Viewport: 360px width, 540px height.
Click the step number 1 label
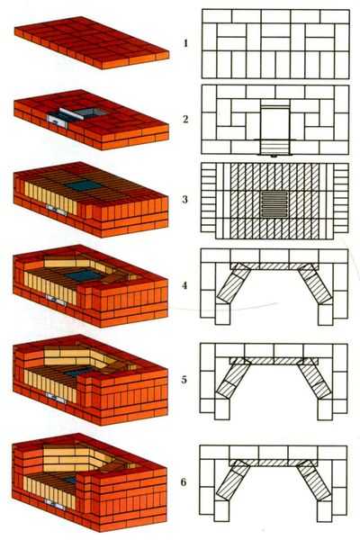185,43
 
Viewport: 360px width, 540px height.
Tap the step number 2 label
185,119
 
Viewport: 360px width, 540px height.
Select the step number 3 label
185,200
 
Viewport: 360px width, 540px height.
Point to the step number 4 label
185,285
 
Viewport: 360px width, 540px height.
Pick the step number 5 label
184,380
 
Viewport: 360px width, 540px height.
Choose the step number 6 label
184,481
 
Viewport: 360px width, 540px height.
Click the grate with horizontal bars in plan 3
274,204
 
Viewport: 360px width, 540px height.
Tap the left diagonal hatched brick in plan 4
233,284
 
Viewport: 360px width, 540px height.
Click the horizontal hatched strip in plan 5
274,361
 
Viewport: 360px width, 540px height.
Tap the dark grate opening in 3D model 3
84,185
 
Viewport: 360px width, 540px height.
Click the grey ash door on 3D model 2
58,121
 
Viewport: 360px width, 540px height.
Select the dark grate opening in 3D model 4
83,274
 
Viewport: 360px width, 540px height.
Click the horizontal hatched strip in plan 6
274,463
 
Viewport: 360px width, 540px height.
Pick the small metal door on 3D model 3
56,210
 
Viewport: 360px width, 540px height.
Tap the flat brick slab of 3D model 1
92,42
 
